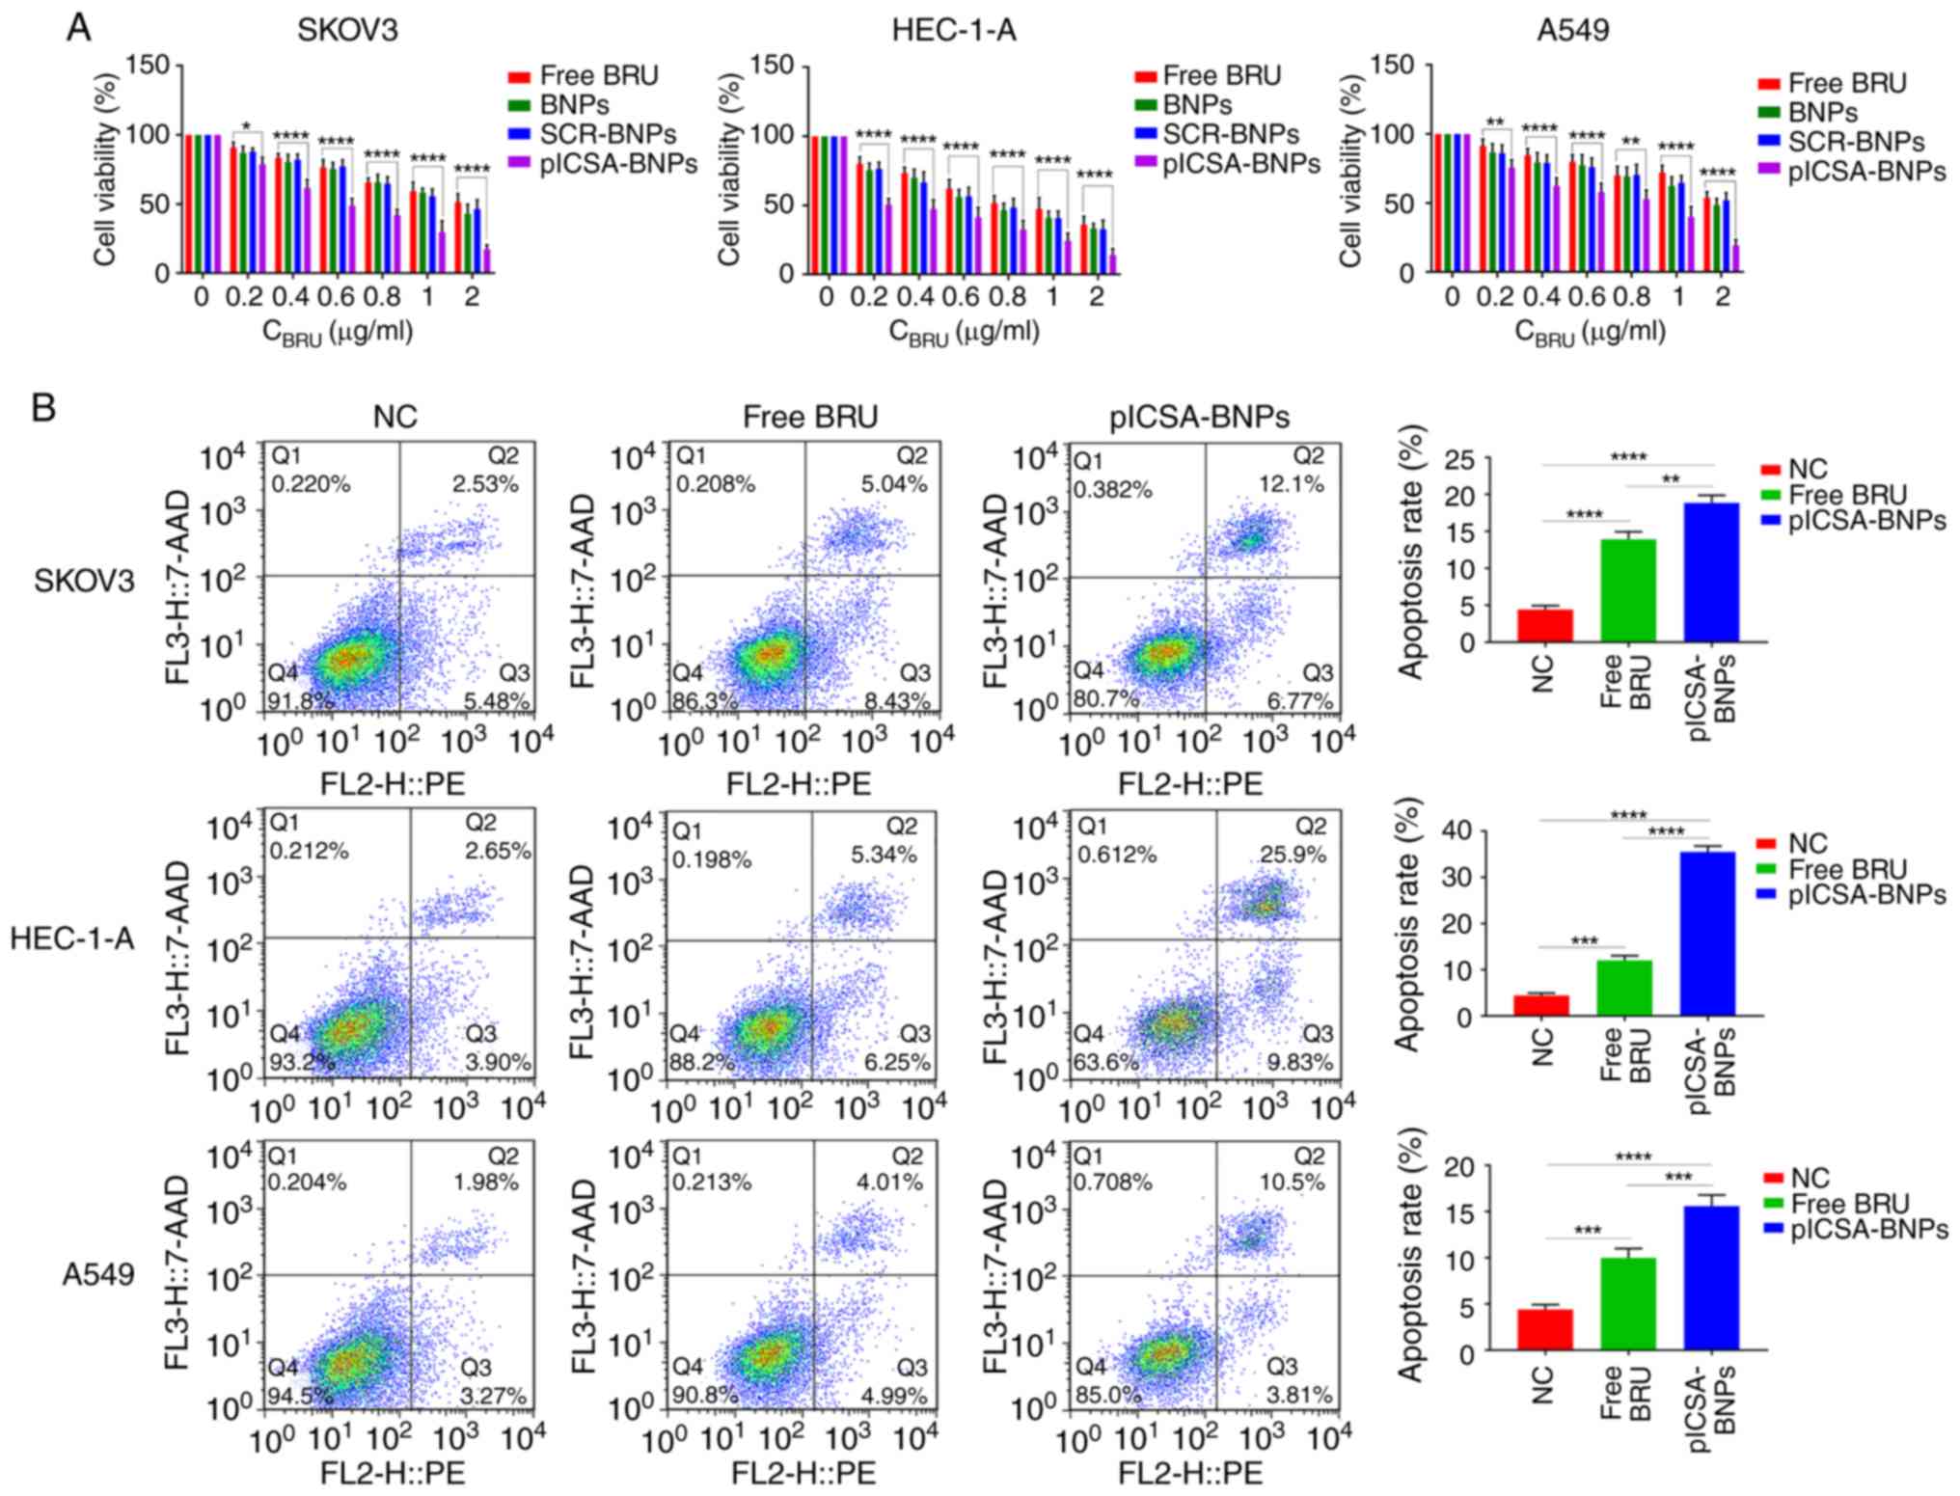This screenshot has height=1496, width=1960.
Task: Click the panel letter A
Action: pyautogui.click(x=78, y=28)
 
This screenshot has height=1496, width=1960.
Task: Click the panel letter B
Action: pyautogui.click(x=43, y=408)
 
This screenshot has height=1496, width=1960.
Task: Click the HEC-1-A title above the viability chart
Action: pyautogui.click(x=953, y=30)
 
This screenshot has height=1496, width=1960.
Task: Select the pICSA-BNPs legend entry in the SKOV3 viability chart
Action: pyautogui.click(x=617, y=164)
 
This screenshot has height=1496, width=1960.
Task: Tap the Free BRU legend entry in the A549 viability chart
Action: pyautogui.click(x=1846, y=84)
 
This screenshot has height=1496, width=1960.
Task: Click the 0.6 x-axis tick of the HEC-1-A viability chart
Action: pyautogui.click(x=961, y=296)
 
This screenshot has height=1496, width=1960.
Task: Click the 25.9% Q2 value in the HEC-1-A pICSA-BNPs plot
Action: pyautogui.click(x=1293, y=855)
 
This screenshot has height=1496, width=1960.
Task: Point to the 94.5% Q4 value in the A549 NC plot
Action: pyautogui.click(x=301, y=1396)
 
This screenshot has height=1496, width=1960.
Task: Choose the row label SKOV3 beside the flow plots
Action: pyautogui.click(x=84, y=581)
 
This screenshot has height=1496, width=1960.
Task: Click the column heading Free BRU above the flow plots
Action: pyautogui.click(x=810, y=417)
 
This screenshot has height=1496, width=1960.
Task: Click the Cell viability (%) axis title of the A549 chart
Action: pyautogui.click(x=1351, y=171)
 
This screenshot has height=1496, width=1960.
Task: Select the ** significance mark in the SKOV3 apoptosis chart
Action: pyautogui.click(x=1671, y=479)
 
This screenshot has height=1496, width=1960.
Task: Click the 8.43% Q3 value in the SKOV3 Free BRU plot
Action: pyautogui.click(x=896, y=701)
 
